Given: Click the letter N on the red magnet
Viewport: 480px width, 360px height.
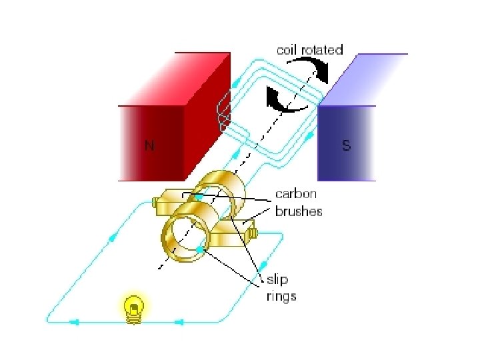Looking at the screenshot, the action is (150, 146).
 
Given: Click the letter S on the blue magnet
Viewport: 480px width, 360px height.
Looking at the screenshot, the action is (346, 145).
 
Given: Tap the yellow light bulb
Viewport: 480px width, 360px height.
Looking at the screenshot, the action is (135, 309).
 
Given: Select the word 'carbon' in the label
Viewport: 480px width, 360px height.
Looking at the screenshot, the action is (296, 195).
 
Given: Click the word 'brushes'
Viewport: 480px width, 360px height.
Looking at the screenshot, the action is (299, 211).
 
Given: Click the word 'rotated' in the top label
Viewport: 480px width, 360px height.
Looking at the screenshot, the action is (323, 49).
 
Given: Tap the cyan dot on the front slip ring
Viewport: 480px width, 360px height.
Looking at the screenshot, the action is (199, 250).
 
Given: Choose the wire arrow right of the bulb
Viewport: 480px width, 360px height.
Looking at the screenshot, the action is (179, 323).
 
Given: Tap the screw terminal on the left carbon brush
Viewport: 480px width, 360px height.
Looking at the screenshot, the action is (155, 202).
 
